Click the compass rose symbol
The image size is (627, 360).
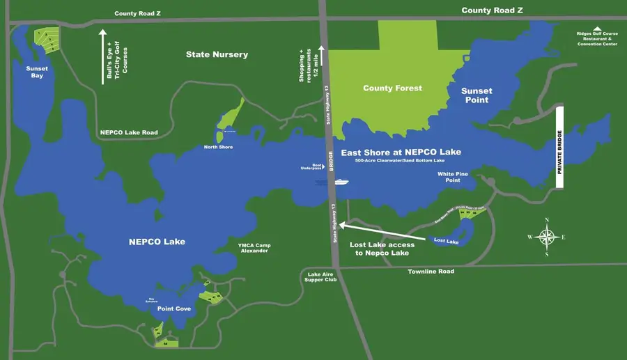point(547,236)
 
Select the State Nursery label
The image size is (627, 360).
point(217,54)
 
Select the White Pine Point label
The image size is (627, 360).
point(449,177)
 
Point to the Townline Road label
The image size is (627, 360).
point(431,272)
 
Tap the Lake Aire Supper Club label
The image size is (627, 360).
point(321,277)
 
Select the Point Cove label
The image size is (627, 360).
point(173,308)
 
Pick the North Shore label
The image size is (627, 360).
point(218,147)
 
